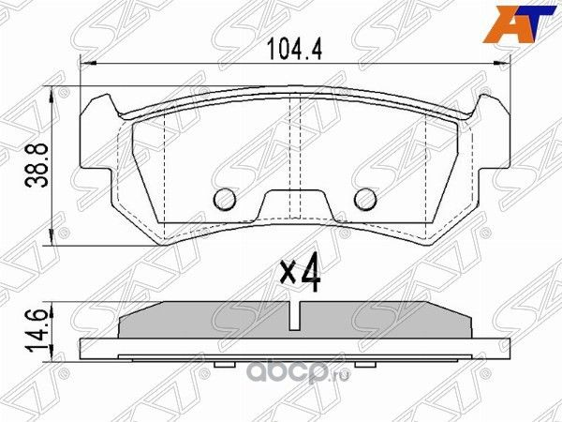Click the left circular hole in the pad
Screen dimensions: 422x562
[224, 199]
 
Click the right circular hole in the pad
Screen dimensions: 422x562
[365, 199]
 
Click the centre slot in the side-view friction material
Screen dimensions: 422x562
[295, 316]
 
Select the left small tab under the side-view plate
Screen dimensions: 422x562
[226, 365]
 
